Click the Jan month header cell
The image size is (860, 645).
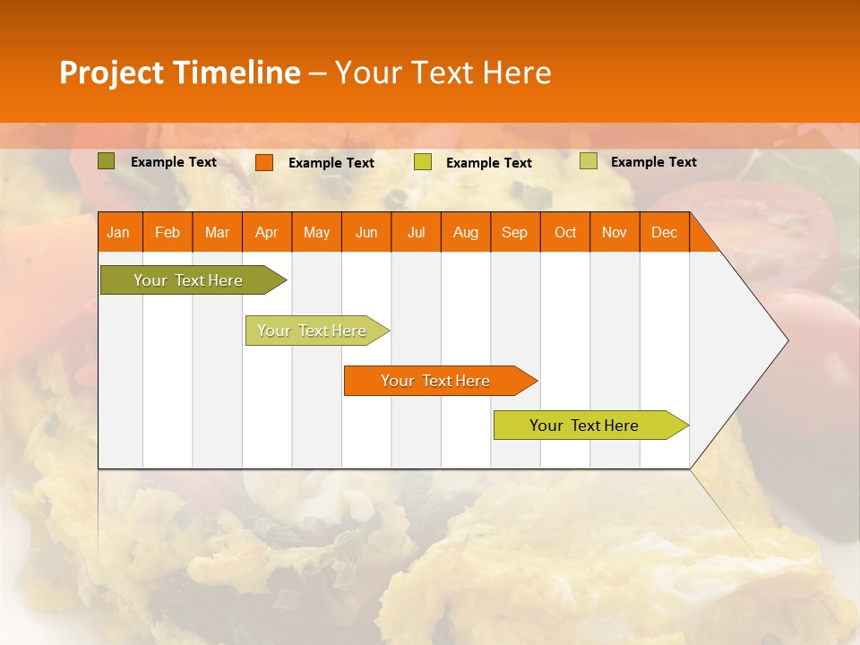[x=118, y=232]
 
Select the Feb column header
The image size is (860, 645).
[x=168, y=232]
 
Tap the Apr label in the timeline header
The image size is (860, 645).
[x=266, y=232]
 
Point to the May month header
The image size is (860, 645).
[x=316, y=232]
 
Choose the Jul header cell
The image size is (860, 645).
[x=416, y=232]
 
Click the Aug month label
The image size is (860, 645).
[x=465, y=232]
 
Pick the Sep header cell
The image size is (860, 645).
[x=514, y=232]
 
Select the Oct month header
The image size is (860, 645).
[x=565, y=232]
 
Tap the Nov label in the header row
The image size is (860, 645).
[x=615, y=232]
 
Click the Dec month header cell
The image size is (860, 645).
[x=664, y=232]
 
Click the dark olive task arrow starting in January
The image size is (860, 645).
[x=189, y=280]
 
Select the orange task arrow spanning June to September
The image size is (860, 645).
[x=436, y=381]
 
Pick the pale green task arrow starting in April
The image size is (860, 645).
[x=313, y=331]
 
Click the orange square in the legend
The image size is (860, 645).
[x=264, y=162]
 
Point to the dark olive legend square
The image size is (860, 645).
[x=107, y=161]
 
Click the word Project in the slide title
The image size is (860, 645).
[x=112, y=73]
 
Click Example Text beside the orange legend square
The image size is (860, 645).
[x=331, y=163]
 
